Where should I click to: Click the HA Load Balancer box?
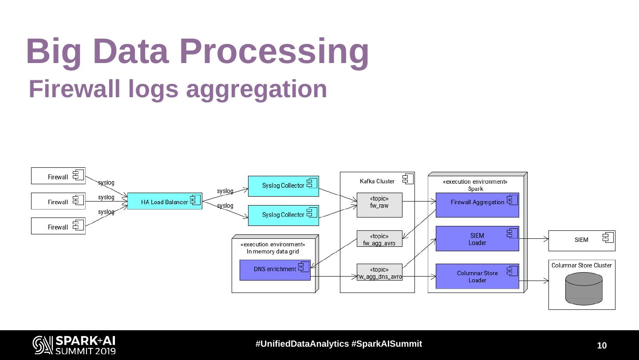[x=164, y=202]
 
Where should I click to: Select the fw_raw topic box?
[x=379, y=205]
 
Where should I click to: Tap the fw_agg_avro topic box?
[x=379, y=239]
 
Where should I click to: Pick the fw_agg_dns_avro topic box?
[x=379, y=272]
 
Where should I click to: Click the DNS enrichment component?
[x=275, y=270]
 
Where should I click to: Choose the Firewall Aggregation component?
[x=477, y=205]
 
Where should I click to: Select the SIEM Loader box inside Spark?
[x=477, y=239]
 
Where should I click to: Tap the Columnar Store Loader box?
[x=477, y=276]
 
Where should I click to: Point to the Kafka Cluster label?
[x=377, y=181]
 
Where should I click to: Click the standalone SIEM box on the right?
[x=581, y=240]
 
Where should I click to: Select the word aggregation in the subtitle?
[x=256, y=89]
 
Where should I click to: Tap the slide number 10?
[x=602, y=346]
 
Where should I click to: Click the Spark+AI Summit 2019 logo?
[x=74, y=345]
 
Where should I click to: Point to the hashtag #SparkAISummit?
[x=387, y=344]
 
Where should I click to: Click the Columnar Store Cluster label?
[x=581, y=265]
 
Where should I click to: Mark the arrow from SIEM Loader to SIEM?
[x=533, y=239]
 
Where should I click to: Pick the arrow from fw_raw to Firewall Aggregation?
[x=419, y=202]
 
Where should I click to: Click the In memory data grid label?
[x=272, y=252]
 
